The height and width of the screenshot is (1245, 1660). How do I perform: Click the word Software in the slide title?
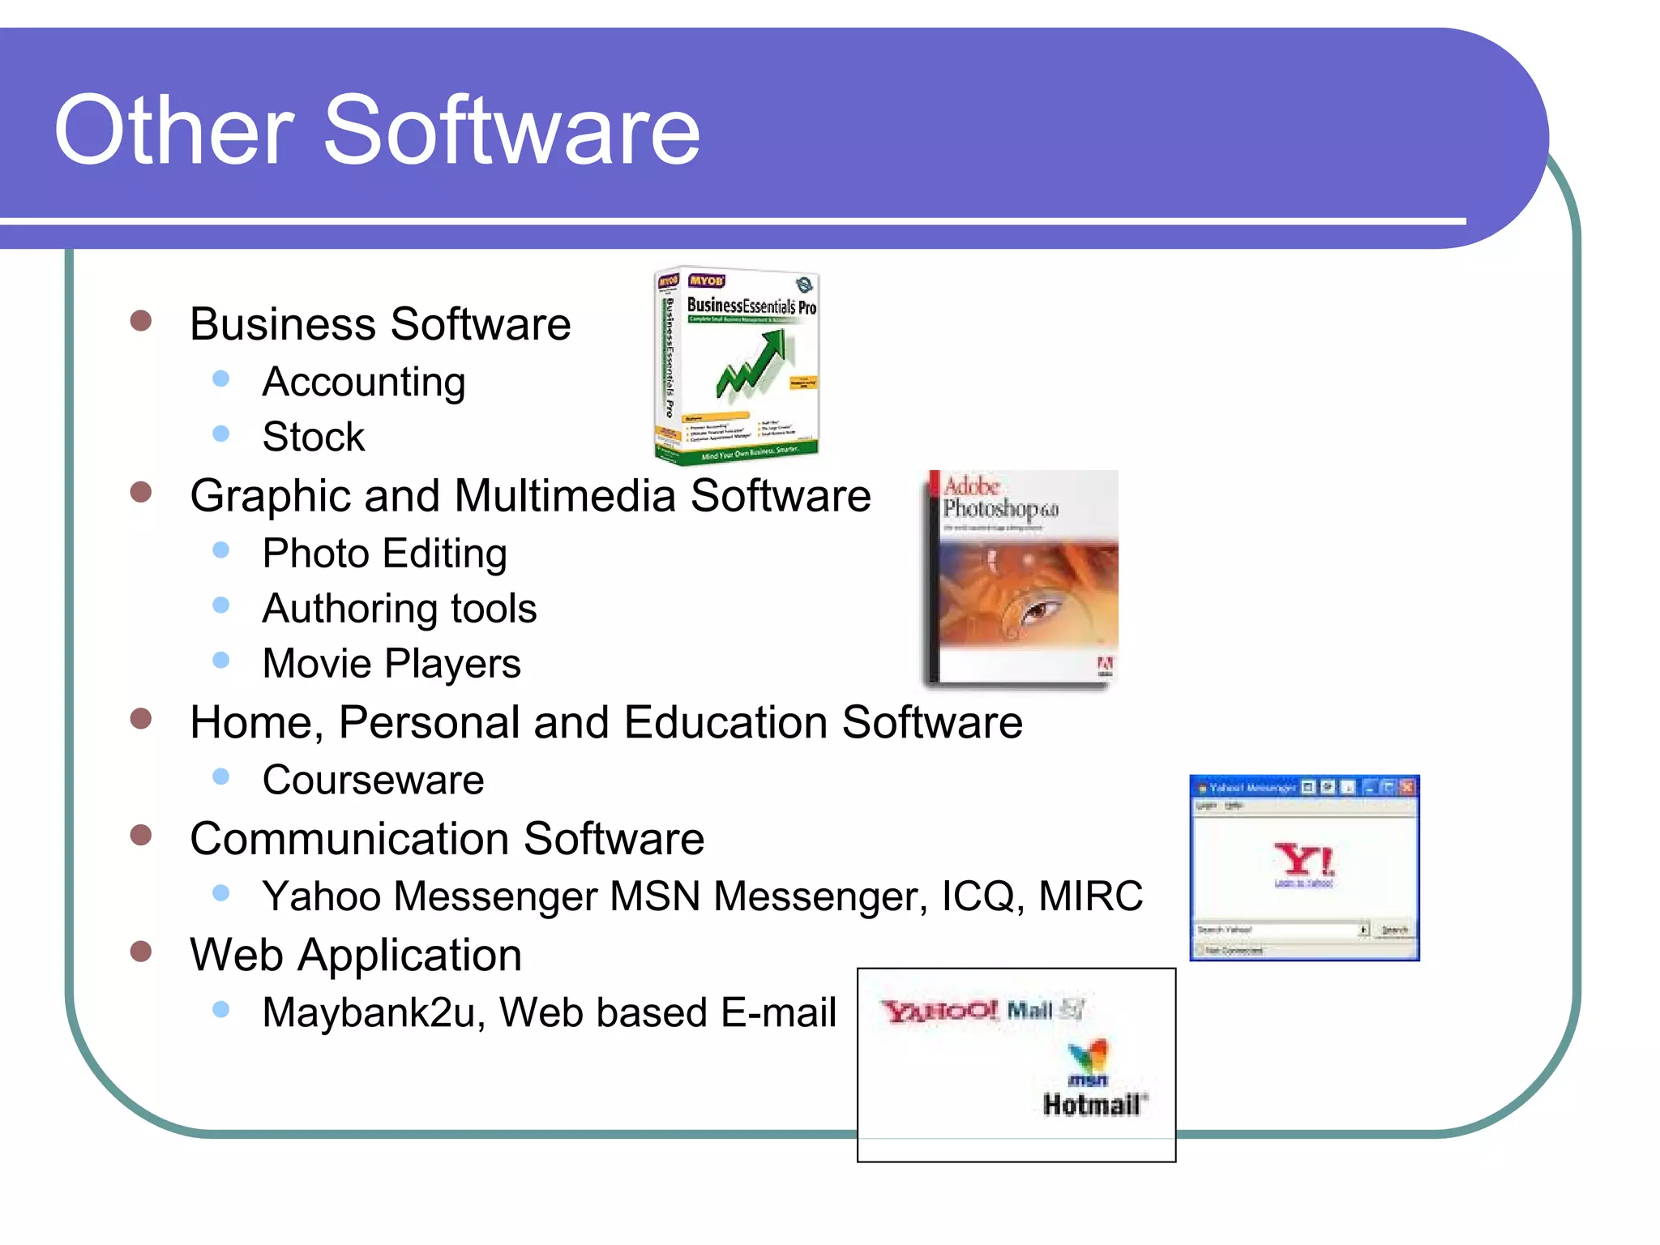512,130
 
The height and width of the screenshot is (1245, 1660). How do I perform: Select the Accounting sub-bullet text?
364,382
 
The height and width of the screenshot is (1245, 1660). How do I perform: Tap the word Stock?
314,437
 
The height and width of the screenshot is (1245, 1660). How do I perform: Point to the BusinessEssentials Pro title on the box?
751,306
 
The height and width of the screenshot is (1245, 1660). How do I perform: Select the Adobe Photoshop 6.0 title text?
999,498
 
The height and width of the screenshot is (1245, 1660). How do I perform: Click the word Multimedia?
565,495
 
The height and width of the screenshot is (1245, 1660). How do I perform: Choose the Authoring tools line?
400,609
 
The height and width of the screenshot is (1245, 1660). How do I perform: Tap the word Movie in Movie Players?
318,664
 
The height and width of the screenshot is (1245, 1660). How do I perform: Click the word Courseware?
373,780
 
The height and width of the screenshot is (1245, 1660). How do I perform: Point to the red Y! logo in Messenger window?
1303,860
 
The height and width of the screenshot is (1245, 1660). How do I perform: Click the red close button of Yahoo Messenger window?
1407,786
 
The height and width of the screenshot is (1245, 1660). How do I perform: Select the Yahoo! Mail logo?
981,1010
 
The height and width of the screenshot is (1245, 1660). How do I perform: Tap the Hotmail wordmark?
1093,1104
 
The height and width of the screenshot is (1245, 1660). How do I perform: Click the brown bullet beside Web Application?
141,951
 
